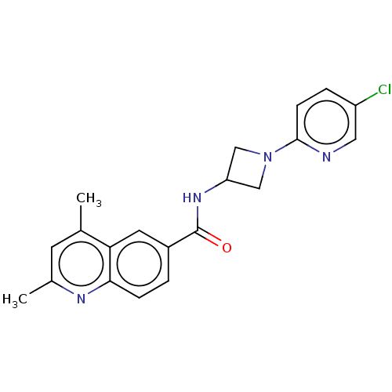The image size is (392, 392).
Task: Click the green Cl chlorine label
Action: tap(385, 89)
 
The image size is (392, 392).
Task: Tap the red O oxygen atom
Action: tap(227, 248)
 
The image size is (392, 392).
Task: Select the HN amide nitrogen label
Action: tap(192, 198)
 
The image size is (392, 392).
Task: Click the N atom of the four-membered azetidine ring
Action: tap(268, 157)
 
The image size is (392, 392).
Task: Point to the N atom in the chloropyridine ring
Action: tap(326, 157)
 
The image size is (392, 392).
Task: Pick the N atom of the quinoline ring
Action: tap(81, 299)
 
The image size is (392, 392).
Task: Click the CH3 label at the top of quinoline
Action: tap(89, 198)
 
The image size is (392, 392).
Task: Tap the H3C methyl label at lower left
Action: tap(15, 299)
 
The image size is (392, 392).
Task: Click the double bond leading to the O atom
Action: tap(209, 238)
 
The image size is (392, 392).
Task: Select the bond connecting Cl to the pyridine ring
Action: tap(367, 100)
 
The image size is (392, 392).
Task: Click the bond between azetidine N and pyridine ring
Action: tap(285, 146)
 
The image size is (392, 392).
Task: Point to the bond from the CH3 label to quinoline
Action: tap(81, 218)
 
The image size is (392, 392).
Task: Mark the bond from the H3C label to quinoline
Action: tap(40, 288)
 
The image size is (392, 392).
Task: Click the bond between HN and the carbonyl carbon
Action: tap(198, 219)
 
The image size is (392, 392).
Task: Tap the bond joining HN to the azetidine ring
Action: tap(216, 186)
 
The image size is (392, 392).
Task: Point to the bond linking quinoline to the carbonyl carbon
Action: tap(183, 239)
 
